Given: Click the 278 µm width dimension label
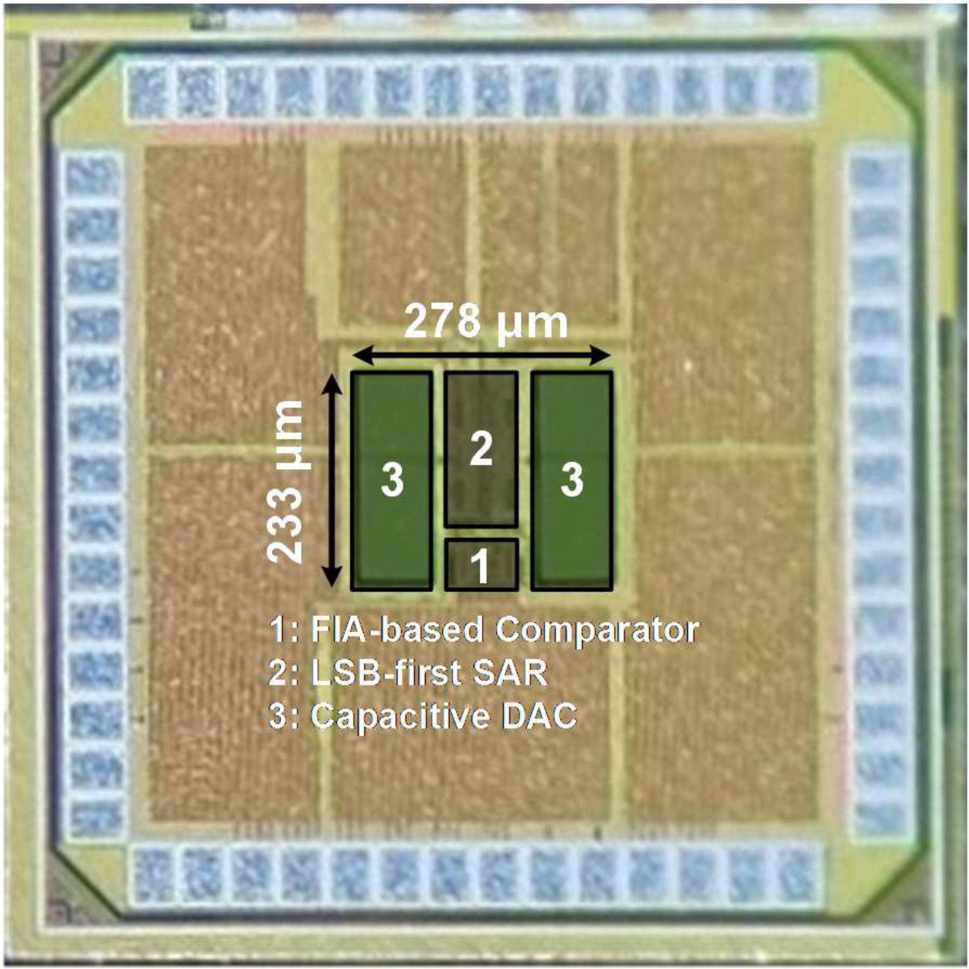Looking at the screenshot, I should (x=486, y=322).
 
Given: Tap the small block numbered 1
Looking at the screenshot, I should (x=481, y=565).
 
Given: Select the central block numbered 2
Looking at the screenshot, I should (x=481, y=448).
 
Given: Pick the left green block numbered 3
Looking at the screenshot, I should (x=392, y=480).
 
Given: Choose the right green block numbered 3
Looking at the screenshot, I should (x=572, y=480).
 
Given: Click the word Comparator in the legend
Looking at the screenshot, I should (x=597, y=630).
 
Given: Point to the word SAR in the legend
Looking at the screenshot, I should (x=513, y=673).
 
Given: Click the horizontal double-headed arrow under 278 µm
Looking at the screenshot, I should (x=481, y=356).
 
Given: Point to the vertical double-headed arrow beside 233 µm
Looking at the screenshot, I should (x=331, y=480).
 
